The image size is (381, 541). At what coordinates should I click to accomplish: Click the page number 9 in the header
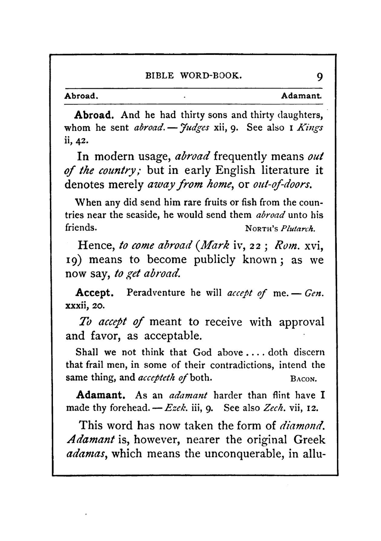(319, 77)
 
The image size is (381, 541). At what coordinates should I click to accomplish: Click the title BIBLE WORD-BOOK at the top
(194, 75)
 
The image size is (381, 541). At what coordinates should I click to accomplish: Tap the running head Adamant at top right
(301, 96)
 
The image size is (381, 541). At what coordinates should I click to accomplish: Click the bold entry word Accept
(94, 293)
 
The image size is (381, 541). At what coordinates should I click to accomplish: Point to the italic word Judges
(195, 128)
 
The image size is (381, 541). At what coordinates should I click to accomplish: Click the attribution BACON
(303, 379)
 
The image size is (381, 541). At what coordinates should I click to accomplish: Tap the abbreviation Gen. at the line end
(314, 293)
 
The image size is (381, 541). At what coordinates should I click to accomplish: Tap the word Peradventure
(156, 293)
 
